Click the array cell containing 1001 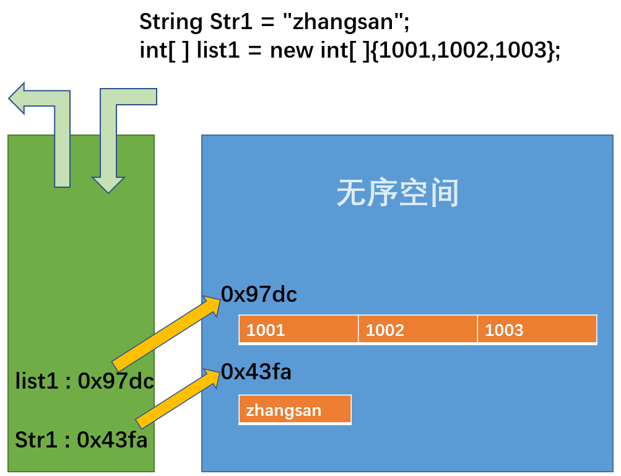(x=298, y=329)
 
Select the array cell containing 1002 (x=418, y=329)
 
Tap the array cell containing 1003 (x=537, y=329)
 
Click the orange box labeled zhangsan (x=295, y=410)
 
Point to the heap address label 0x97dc (x=259, y=294)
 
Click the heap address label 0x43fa (x=256, y=372)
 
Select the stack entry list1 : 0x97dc (x=84, y=381)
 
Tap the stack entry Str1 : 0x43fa (x=81, y=440)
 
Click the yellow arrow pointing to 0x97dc (x=166, y=333)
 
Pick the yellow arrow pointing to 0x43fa (x=178, y=397)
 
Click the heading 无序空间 (x=397, y=194)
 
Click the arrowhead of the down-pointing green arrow (x=108, y=183)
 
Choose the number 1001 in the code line (x=404, y=50)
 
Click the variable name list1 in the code (x=217, y=50)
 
